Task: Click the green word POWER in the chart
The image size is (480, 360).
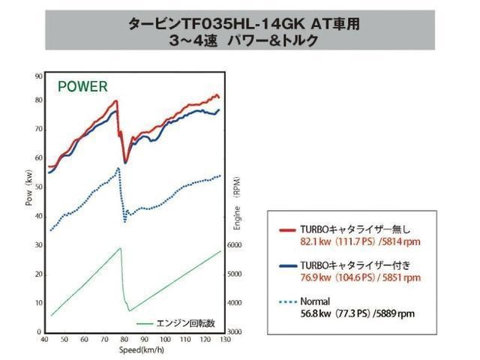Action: tap(82, 87)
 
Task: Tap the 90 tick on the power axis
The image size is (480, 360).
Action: tap(39, 76)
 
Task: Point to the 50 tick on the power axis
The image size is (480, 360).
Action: tap(39, 187)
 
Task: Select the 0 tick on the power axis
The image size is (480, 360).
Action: tap(39, 331)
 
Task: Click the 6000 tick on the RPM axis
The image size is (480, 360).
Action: tap(235, 245)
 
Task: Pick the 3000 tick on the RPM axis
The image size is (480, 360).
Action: tap(235, 331)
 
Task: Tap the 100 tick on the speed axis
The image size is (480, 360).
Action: tap(165, 340)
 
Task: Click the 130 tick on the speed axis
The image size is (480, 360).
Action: tap(225, 340)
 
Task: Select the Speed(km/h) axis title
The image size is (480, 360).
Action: tap(142, 350)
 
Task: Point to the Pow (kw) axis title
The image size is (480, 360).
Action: tap(28, 187)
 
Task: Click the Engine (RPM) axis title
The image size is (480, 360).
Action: tap(237, 203)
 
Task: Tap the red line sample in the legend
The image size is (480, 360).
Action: tap(288, 230)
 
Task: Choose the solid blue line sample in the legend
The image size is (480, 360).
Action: tap(288, 265)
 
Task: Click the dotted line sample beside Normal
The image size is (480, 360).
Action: tap(288, 301)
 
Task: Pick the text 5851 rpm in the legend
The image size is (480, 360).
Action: tap(402, 277)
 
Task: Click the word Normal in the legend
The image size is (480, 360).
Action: tap(315, 301)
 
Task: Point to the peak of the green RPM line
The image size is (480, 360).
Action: tap(120, 248)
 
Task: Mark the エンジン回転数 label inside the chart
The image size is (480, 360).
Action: tap(185, 323)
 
